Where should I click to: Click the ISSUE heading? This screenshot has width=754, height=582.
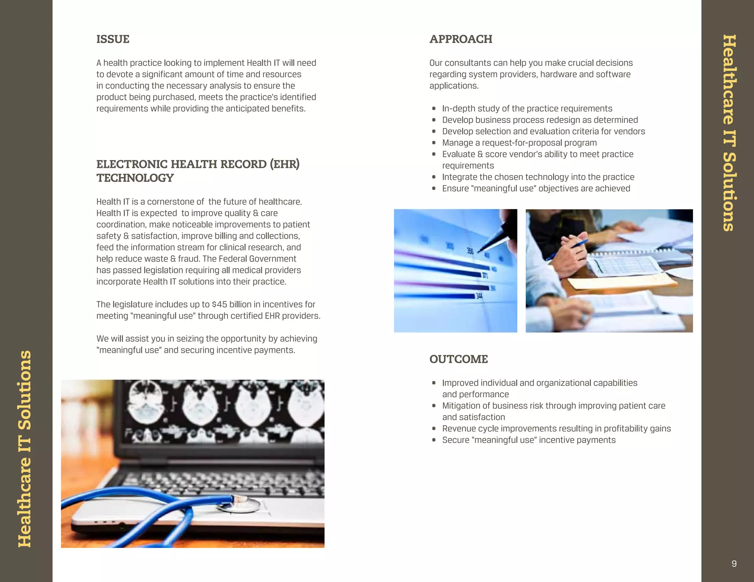click(113, 39)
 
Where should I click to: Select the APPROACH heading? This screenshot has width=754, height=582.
click(461, 39)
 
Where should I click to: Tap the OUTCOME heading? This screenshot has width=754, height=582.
click(458, 359)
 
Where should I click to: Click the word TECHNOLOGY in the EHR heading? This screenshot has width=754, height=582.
click(135, 178)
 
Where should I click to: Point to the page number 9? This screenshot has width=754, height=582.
click(734, 564)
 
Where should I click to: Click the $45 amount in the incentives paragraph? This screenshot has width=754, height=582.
click(219, 304)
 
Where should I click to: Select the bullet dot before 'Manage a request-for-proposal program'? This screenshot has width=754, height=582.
click(434, 143)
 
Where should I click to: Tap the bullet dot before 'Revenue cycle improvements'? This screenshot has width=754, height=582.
click(434, 429)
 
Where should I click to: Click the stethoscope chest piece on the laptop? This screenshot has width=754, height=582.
click(239, 504)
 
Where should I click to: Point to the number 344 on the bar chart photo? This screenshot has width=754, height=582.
click(479, 296)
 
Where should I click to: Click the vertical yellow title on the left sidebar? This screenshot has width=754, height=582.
click(25, 449)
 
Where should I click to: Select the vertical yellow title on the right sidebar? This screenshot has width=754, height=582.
click(729, 133)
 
